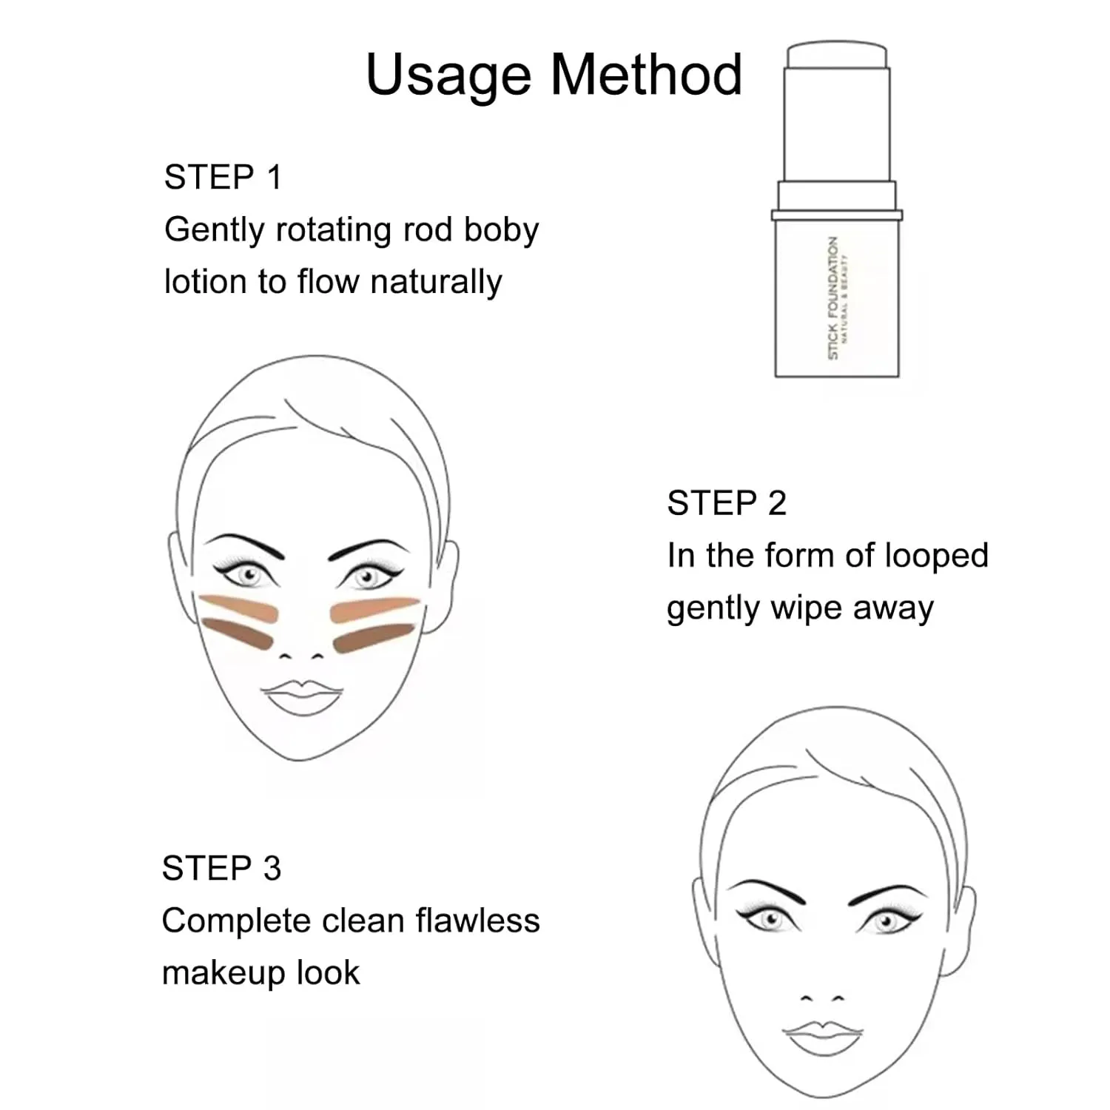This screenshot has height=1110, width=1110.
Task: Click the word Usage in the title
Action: point(448,76)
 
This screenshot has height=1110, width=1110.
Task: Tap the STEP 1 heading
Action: point(223,178)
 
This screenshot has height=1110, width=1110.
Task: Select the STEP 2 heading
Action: point(726,503)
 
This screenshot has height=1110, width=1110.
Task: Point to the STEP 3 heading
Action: point(221,868)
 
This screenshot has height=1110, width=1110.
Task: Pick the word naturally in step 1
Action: point(436,283)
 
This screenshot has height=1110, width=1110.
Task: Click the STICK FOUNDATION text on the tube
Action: point(833,298)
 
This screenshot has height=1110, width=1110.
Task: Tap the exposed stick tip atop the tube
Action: point(836,57)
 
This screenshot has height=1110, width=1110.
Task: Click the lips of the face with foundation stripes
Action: point(302,696)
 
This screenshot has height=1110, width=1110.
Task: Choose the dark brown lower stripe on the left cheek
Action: point(238,633)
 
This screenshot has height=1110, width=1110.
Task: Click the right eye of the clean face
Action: point(885,922)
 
